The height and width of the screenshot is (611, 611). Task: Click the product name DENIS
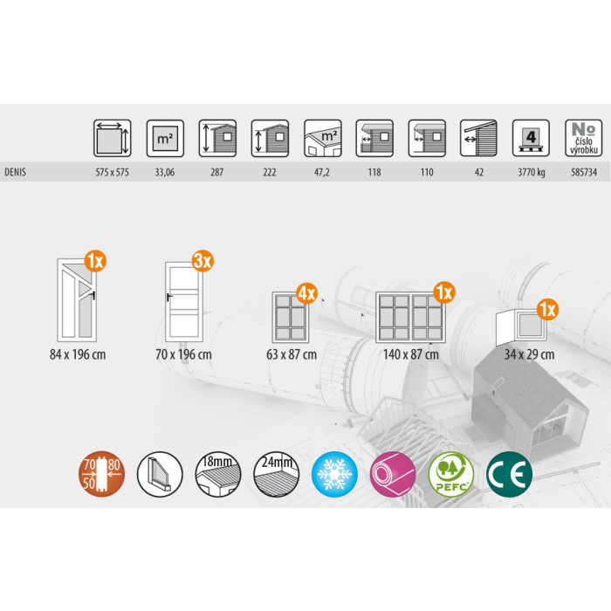click(x=15, y=172)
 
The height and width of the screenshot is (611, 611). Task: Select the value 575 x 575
click(x=113, y=172)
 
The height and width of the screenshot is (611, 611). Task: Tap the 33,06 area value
click(x=165, y=172)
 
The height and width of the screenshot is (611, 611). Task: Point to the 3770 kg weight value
click(x=531, y=172)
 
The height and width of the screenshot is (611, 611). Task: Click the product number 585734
click(x=584, y=172)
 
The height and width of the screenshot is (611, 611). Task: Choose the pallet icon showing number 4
click(x=531, y=138)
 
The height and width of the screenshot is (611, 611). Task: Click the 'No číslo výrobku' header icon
click(x=583, y=138)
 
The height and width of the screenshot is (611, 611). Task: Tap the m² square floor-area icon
click(x=165, y=138)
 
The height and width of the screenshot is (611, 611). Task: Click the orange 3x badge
click(x=203, y=261)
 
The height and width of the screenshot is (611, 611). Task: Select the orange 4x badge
click(x=307, y=293)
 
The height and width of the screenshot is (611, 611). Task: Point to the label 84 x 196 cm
click(x=78, y=354)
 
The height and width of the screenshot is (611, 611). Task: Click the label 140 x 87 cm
click(x=411, y=354)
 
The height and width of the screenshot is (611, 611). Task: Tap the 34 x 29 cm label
click(x=529, y=354)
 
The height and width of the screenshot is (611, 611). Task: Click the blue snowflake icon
click(x=334, y=474)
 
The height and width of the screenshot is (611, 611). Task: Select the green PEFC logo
click(x=451, y=474)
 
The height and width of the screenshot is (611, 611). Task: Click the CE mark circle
click(x=509, y=474)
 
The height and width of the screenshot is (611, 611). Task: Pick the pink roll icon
click(x=393, y=474)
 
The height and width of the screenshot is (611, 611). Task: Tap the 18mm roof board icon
click(x=218, y=474)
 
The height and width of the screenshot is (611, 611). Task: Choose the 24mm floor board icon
click(x=277, y=474)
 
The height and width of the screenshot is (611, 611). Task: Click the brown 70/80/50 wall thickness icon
click(x=102, y=474)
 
